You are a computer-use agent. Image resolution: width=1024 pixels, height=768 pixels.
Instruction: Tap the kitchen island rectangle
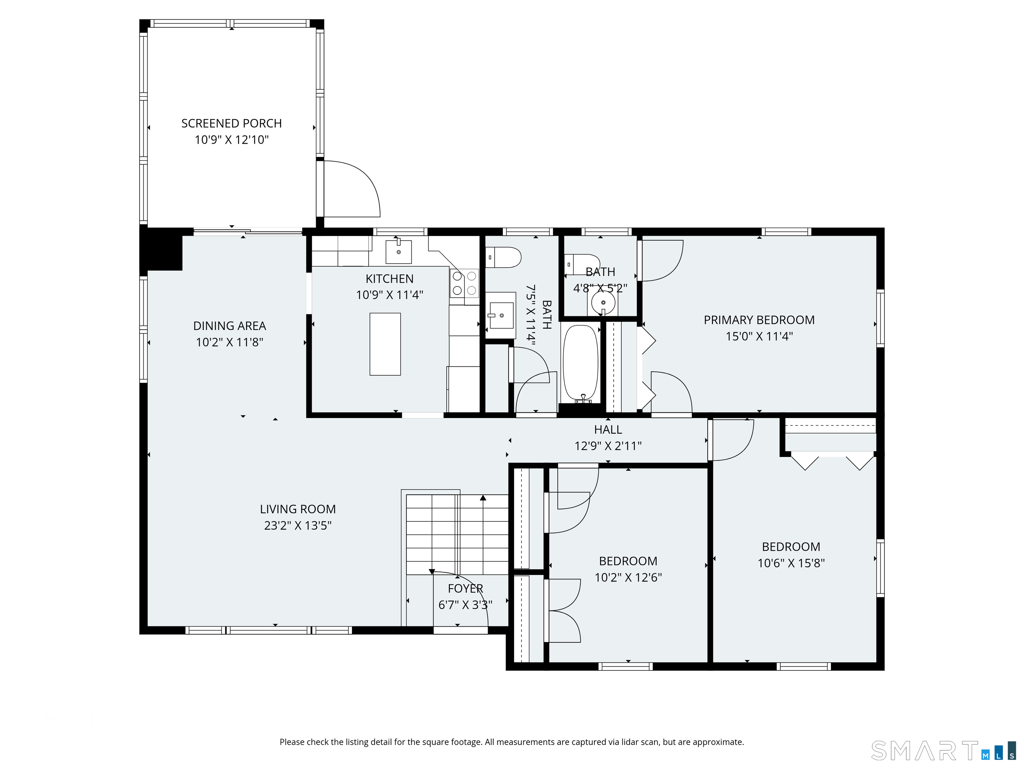(x=385, y=344)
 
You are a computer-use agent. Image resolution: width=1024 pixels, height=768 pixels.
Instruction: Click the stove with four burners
(x=464, y=283)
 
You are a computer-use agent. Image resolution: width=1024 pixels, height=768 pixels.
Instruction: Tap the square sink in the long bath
(x=501, y=315)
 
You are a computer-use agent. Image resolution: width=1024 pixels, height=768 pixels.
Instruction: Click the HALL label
(x=608, y=430)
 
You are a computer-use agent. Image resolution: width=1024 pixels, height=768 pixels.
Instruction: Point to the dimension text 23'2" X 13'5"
(x=298, y=525)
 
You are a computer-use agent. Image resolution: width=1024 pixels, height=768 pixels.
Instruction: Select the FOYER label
(x=465, y=588)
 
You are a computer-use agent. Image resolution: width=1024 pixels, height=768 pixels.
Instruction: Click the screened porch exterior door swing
(x=352, y=190)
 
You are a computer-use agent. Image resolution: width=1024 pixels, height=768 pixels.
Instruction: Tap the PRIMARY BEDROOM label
(x=759, y=320)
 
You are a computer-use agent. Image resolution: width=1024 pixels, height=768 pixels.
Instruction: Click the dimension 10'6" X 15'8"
(x=791, y=563)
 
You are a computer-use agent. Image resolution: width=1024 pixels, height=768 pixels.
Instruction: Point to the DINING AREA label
(x=230, y=326)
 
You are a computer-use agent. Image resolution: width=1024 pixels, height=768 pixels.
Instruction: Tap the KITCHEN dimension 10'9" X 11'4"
(x=389, y=295)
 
